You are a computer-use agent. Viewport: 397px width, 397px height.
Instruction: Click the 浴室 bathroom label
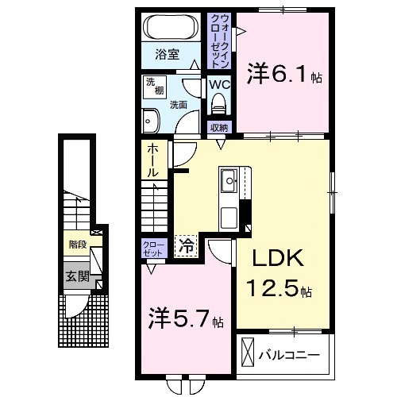coord(167,56)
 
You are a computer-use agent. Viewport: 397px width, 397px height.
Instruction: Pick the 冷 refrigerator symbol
coord(185,246)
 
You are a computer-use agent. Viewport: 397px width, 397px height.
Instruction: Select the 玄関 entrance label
coord(78,277)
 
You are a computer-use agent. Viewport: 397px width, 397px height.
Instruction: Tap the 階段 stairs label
coord(77,245)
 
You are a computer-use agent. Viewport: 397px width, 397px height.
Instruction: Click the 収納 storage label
coord(219,127)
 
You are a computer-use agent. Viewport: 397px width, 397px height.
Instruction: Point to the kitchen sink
coord(229,180)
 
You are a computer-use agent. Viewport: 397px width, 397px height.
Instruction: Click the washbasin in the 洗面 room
coord(150,121)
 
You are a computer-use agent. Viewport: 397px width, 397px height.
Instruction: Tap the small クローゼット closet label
coord(151,248)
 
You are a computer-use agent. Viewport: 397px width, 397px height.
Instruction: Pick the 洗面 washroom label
coord(178,104)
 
